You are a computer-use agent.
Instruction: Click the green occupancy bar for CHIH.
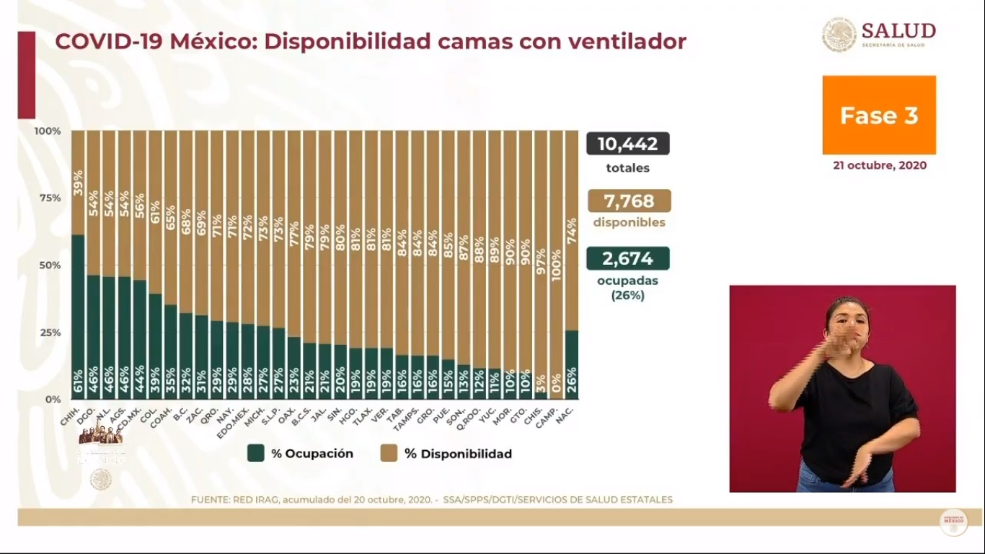click(78, 317)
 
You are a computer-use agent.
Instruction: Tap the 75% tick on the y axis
click(48, 198)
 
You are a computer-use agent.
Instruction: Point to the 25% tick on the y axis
click(48, 333)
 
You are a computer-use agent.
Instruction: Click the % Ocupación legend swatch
click(255, 453)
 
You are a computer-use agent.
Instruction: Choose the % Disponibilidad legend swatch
click(389, 453)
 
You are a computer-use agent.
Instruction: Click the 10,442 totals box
click(627, 144)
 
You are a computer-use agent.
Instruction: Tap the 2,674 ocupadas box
click(627, 258)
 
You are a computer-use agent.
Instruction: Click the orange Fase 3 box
click(879, 115)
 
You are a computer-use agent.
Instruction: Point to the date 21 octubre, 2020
click(879, 165)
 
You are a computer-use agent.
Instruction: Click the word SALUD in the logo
click(898, 31)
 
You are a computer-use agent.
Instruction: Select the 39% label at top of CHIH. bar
click(78, 183)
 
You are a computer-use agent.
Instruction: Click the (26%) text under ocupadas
click(627, 295)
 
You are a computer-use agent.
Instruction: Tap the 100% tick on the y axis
click(47, 131)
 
